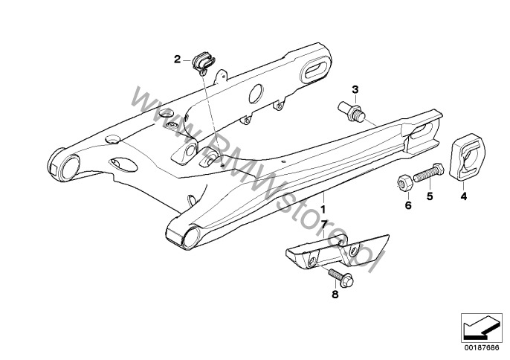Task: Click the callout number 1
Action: [x=323, y=200]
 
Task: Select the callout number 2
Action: [x=178, y=59]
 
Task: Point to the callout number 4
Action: [x=464, y=197]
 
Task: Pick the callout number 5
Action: [x=429, y=197]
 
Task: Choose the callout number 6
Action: [x=407, y=205]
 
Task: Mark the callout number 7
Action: [x=323, y=223]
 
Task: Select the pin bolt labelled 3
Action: [x=355, y=112]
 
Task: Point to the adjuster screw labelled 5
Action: [x=431, y=176]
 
